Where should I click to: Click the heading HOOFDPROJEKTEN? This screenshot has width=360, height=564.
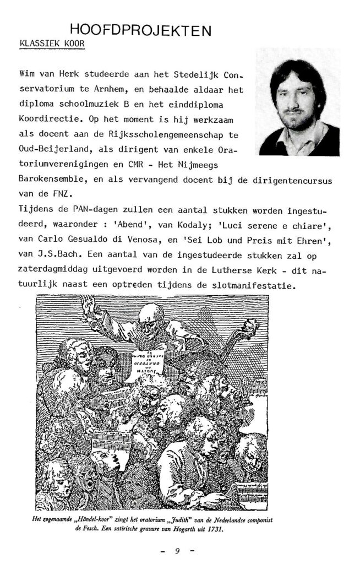click(141, 30)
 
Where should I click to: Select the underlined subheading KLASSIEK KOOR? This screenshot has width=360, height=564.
click(52, 44)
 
